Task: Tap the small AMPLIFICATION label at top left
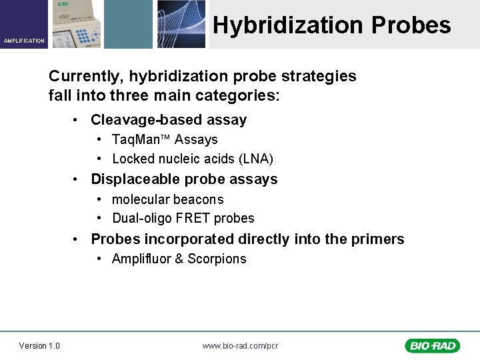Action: point(24,41)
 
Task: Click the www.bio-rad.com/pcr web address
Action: point(240,345)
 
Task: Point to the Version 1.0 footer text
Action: point(39,345)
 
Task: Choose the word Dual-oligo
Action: point(138,219)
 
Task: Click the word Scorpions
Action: point(217,259)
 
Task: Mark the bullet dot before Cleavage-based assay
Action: point(78,120)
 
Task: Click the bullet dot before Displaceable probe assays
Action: point(78,179)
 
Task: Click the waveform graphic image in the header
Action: point(181,24)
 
